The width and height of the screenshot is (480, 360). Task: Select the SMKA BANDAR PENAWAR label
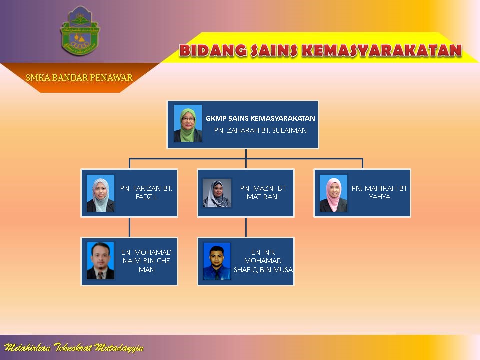coord(79,77)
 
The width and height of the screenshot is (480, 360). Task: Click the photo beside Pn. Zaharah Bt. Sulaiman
coord(188,123)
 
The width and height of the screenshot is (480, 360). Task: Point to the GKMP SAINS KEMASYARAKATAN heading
coord(260,118)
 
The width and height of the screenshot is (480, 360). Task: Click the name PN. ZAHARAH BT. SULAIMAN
coord(260,130)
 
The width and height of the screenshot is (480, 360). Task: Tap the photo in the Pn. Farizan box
coord(100,193)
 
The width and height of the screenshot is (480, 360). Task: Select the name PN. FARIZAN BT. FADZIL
coord(146,193)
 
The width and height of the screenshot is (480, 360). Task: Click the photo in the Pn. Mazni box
coord(217,193)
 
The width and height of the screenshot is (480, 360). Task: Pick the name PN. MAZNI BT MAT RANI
coord(263,193)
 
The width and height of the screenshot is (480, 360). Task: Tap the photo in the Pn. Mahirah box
coord(333,193)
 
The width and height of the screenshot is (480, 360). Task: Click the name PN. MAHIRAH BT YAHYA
coord(380,193)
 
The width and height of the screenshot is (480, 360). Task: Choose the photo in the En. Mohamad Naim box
coord(100,261)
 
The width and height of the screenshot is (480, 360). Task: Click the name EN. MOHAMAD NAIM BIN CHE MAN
coord(146,261)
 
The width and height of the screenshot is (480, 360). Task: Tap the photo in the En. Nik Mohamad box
coord(217,261)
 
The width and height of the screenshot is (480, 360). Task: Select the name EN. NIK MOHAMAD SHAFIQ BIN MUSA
coord(263,261)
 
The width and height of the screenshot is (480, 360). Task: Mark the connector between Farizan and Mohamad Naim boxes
coord(129,227)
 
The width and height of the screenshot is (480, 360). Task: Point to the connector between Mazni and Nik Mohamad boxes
coord(246,227)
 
